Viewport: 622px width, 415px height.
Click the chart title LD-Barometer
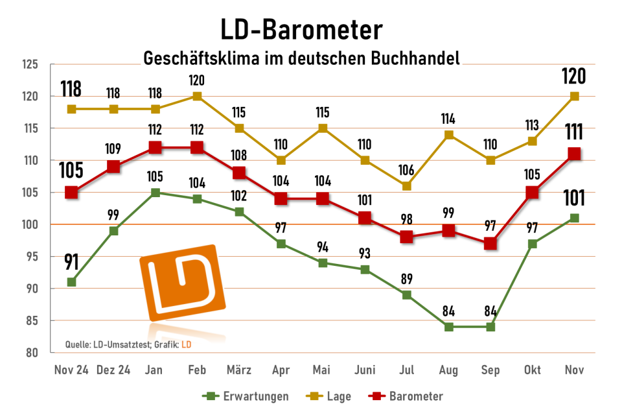pyautogui.click(x=301, y=30)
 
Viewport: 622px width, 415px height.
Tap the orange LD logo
pyautogui.click(x=181, y=283)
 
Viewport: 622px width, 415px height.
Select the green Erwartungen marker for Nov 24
pyautogui.click(x=72, y=282)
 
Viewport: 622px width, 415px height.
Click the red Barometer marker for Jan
pyautogui.click(x=155, y=147)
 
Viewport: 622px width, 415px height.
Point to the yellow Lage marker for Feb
pyautogui.click(x=198, y=96)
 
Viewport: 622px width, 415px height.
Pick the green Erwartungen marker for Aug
pyautogui.click(x=448, y=327)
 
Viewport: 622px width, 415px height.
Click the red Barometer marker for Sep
pyautogui.click(x=490, y=244)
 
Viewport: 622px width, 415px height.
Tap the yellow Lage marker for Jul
pyautogui.click(x=407, y=186)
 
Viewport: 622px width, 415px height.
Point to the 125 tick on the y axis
pyautogui.click(x=30, y=64)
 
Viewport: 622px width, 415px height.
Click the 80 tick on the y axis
pyautogui.click(x=32, y=353)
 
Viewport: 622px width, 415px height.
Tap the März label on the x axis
pyautogui.click(x=239, y=370)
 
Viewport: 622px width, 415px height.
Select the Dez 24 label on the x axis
pyautogui.click(x=113, y=370)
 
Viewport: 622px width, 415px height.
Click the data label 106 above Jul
pyautogui.click(x=407, y=170)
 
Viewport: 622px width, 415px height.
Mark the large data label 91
pyautogui.click(x=71, y=263)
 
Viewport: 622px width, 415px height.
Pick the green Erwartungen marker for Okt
pyautogui.click(x=532, y=244)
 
